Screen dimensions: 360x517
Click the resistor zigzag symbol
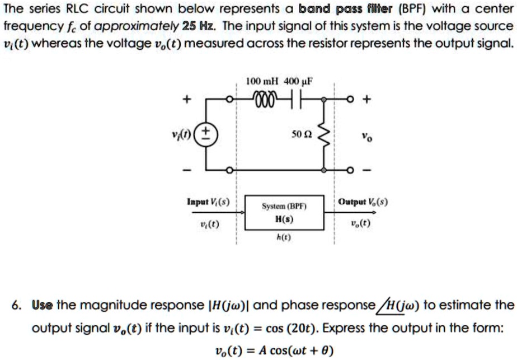[x=323, y=135]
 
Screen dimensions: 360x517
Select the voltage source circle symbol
[x=206, y=135]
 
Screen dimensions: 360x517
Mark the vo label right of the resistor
[x=365, y=135]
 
